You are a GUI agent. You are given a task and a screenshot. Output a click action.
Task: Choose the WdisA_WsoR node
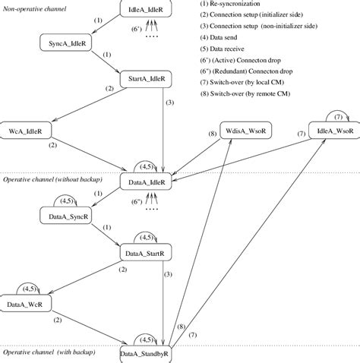[242, 129]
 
